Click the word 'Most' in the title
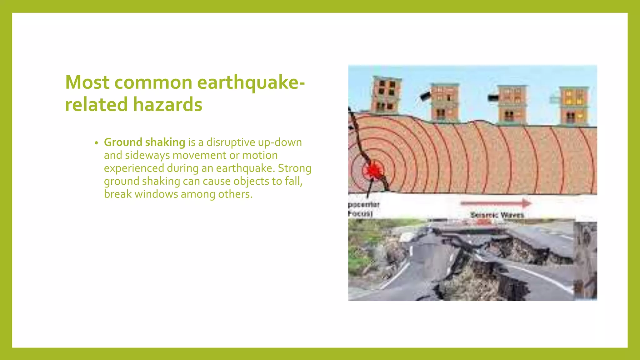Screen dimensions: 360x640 click(x=87, y=82)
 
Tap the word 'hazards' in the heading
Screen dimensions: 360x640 click(x=168, y=104)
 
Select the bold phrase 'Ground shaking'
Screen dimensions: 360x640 click(x=144, y=142)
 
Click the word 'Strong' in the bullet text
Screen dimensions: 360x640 click(x=295, y=168)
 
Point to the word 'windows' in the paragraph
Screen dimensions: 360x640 click(x=156, y=194)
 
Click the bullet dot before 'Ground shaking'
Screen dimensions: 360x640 click(x=97, y=143)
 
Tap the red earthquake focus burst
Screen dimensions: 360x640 click(x=372, y=171)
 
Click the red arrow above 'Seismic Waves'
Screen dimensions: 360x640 click(x=496, y=203)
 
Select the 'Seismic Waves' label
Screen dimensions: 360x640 click(x=497, y=215)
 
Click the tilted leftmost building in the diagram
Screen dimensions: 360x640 click(x=386, y=94)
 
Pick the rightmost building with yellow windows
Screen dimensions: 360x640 click(x=574, y=106)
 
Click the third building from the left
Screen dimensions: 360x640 click(x=511, y=104)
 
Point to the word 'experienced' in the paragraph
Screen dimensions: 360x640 click(x=134, y=168)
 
